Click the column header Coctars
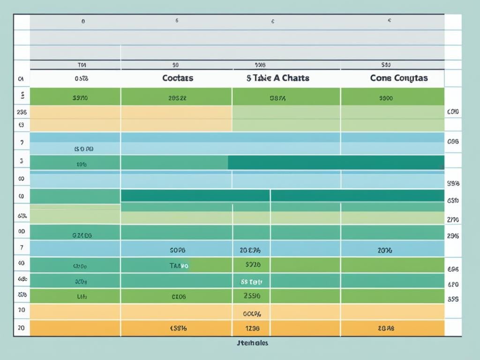pyautogui.click(x=178, y=78)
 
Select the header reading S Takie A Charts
pyautogui.click(x=277, y=78)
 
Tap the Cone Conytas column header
pyautogui.click(x=399, y=78)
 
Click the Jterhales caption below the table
pyautogui.click(x=253, y=343)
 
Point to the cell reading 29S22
pyautogui.click(x=177, y=98)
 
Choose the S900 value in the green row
pyautogui.click(x=386, y=98)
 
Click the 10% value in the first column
pyautogui.click(x=82, y=165)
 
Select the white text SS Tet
pyautogui.click(x=251, y=282)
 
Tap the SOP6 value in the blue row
pyautogui.click(x=178, y=250)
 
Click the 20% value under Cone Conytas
pyautogui.click(x=385, y=250)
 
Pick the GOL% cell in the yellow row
pyautogui.click(x=251, y=314)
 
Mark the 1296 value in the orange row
pyautogui.click(x=251, y=329)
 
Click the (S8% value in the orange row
pyautogui.click(x=178, y=329)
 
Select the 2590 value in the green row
pyautogui.click(x=251, y=296)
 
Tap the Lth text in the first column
pyautogui.click(x=81, y=297)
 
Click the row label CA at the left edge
pyautogui.click(x=21, y=80)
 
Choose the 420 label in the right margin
pyautogui.click(x=453, y=284)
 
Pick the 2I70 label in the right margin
pyautogui.click(x=453, y=219)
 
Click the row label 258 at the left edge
pyautogui.click(x=21, y=112)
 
